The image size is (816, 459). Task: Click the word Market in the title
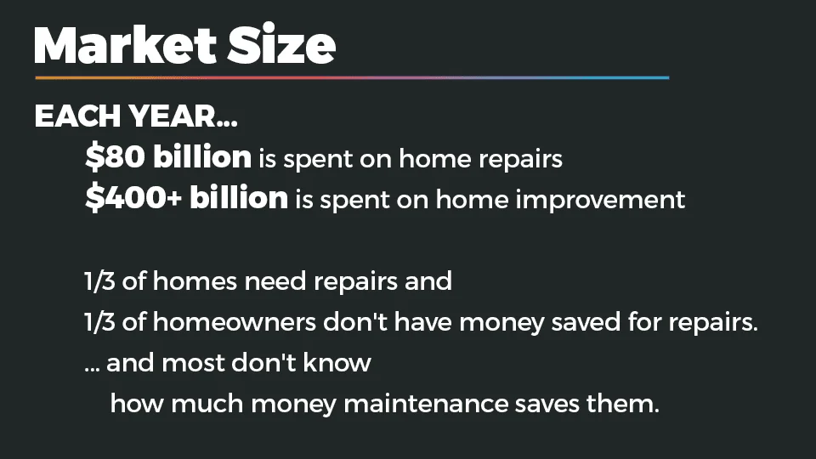click(x=125, y=44)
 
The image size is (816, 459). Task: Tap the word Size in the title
click(x=281, y=44)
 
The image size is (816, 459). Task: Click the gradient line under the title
click(x=352, y=78)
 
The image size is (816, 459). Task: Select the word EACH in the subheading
click(x=77, y=116)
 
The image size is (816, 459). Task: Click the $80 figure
click(x=115, y=156)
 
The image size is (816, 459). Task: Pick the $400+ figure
click(x=133, y=198)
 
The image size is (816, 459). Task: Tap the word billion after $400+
click(x=238, y=197)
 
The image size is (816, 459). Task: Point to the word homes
click(x=195, y=281)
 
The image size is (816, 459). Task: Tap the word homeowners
click(x=235, y=321)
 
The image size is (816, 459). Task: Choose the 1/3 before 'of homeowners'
click(x=99, y=322)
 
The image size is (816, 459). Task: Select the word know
click(x=337, y=362)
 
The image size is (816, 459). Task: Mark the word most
click(x=193, y=364)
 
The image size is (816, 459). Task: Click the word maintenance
click(x=426, y=404)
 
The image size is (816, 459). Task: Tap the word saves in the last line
click(x=547, y=405)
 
